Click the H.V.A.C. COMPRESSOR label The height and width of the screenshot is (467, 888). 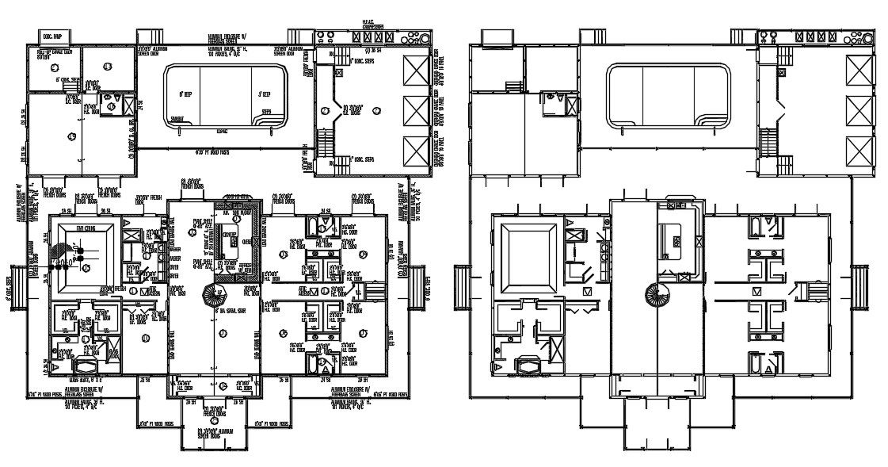[372, 27]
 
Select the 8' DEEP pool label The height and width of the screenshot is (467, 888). [186, 94]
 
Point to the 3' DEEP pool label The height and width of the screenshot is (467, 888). [265, 94]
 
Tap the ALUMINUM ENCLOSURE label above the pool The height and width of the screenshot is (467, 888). [227, 38]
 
